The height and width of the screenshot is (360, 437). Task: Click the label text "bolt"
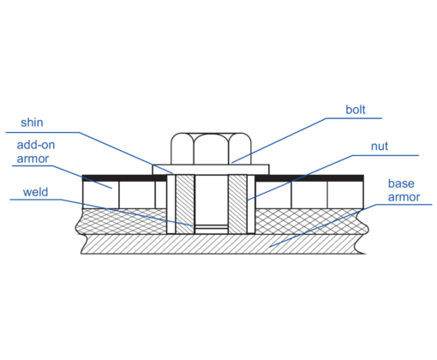pyautogui.click(x=356, y=110)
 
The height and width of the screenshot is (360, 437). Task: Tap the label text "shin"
pyautogui.click(x=32, y=123)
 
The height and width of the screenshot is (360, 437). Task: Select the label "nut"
pyautogui.click(x=380, y=147)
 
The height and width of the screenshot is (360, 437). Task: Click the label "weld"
pyautogui.click(x=35, y=192)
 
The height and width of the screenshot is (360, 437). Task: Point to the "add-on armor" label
pyautogui.click(x=36, y=152)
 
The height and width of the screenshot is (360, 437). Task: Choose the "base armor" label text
pyautogui.click(x=404, y=190)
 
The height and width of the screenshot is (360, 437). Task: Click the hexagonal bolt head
pyautogui.click(x=211, y=148)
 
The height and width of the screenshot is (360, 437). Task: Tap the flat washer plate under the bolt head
pyautogui.click(x=211, y=170)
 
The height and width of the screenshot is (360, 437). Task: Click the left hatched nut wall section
pyautogui.click(x=185, y=204)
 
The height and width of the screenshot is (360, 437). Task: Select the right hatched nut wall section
pyautogui.click(x=237, y=204)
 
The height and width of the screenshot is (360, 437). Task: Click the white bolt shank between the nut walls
pyautogui.click(x=212, y=200)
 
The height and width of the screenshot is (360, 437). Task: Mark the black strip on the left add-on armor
pyautogui.click(x=124, y=178)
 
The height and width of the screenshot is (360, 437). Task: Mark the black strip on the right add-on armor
pyautogui.click(x=309, y=178)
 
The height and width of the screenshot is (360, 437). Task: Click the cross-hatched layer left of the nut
pyautogui.click(x=122, y=221)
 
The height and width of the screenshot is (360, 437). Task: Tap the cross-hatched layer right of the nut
pyautogui.click(x=311, y=221)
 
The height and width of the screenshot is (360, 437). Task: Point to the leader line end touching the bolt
pyautogui.click(x=232, y=163)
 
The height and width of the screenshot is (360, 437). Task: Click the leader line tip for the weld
pyautogui.click(x=193, y=225)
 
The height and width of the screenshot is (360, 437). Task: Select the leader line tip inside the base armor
pyautogui.click(x=270, y=246)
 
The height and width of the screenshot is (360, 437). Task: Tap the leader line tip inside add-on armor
pyautogui.click(x=112, y=188)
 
